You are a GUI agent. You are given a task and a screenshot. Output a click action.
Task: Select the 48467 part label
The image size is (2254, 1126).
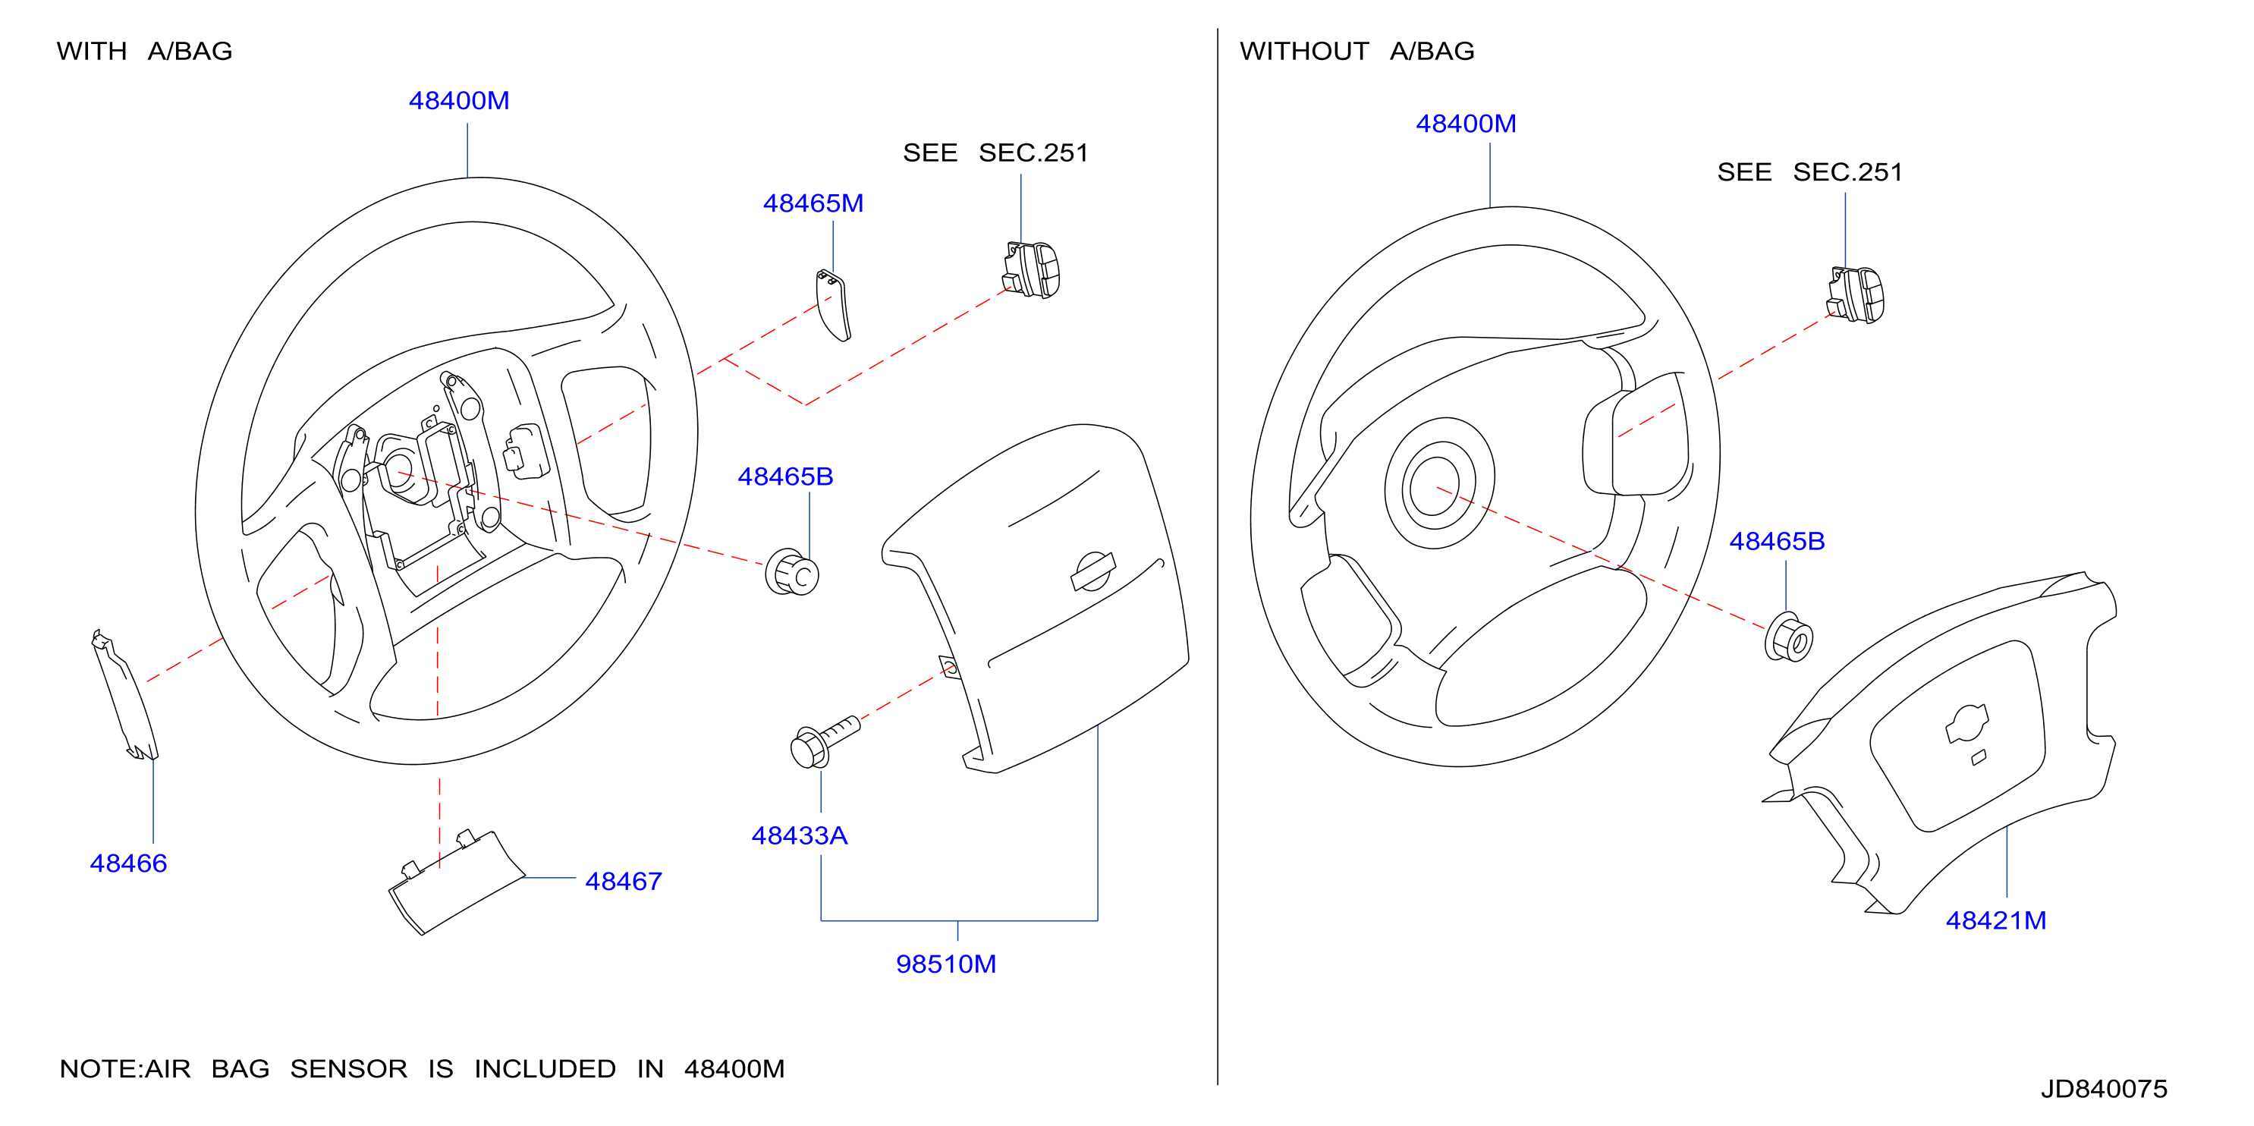(x=623, y=881)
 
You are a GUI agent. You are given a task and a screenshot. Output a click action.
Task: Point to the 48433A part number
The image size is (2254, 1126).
(x=799, y=835)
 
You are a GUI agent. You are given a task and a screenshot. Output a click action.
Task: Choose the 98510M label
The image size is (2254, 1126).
(x=946, y=964)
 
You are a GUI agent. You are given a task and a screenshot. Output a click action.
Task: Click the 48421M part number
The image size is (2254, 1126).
(x=1996, y=920)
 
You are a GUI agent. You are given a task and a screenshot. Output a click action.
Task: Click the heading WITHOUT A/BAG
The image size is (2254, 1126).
(x=1356, y=51)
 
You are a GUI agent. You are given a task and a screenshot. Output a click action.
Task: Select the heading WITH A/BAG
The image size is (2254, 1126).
(x=144, y=51)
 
